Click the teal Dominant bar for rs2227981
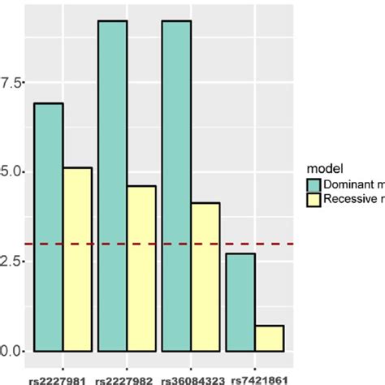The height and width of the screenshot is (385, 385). (x=49, y=227)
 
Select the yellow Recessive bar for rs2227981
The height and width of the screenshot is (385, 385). (x=77, y=259)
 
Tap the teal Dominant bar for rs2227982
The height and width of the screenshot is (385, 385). (x=113, y=186)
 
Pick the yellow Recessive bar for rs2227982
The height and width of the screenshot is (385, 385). (x=141, y=269)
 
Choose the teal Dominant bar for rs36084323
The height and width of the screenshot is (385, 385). (x=176, y=186)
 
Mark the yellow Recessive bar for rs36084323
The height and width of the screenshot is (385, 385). (x=205, y=277)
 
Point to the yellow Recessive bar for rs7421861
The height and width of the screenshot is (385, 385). (x=269, y=338)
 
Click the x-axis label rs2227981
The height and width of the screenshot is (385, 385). (x=63, y=378)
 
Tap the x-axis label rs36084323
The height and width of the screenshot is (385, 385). (x=191, y=378)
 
